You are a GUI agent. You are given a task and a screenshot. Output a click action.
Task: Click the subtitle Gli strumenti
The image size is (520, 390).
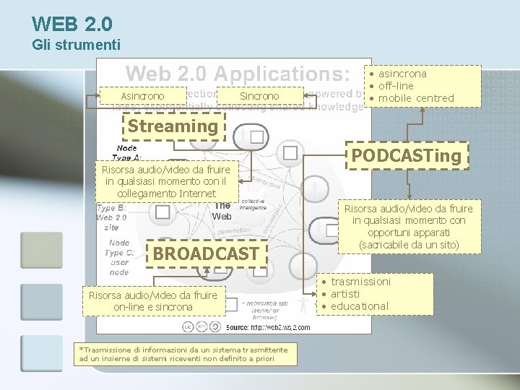click(77, 45)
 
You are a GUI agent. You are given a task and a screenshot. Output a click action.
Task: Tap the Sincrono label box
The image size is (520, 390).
click(259, 96)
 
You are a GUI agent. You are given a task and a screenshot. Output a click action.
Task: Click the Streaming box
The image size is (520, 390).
click(173, 126)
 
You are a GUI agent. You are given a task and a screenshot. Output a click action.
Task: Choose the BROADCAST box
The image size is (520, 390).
click(206, 253)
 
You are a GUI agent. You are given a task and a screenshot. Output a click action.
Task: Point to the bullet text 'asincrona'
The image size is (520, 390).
click(402, 74)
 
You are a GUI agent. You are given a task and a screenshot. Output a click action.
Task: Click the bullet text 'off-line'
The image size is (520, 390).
click(398, 86)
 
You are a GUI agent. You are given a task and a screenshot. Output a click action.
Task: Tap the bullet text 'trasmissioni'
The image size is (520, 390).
click(360, 281)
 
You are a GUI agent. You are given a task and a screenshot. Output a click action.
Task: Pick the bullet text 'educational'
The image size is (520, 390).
click(359, 306)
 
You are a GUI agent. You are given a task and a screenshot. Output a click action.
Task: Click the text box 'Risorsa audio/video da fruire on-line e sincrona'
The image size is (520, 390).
click(152, 300)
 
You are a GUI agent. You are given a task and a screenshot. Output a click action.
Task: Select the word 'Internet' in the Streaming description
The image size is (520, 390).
click(193, 193)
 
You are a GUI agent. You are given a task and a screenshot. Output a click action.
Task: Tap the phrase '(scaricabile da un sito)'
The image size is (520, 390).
click(409, 246)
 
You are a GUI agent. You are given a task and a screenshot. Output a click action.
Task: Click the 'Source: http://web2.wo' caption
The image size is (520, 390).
click(268, 327)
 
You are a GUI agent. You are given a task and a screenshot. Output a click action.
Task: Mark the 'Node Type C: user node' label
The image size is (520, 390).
click(118, 257)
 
